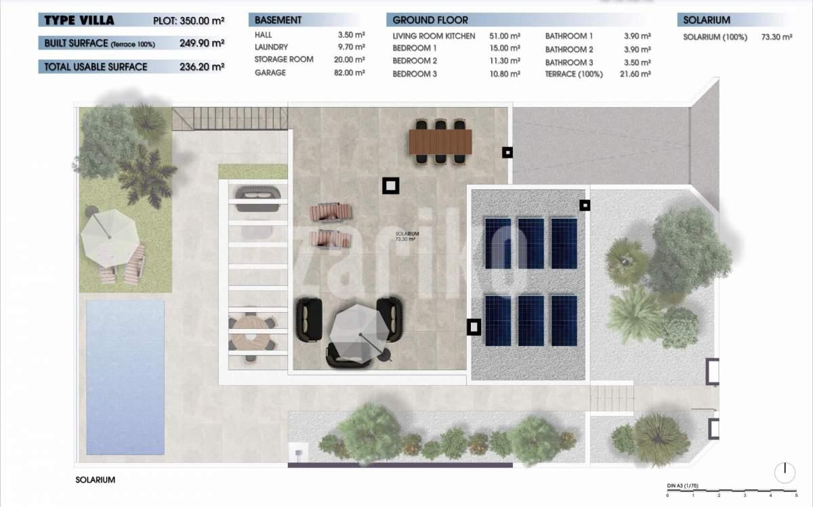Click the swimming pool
pos(125,377)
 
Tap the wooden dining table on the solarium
pos(440,141)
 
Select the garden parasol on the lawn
pos(109,238)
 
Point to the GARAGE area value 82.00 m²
pos(349,72)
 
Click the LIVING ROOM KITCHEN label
pos(434,36)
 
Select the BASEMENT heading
pos(278,20)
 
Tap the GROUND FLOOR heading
pos(430,20)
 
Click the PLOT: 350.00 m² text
pos(189,21)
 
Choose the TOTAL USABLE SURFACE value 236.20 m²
pos(202,67)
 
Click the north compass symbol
pos(785,472)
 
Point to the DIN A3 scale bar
pos(732,491)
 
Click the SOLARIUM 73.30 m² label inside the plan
pos(407,236)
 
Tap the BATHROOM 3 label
pos(569,62)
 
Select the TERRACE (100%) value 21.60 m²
pos(635,74)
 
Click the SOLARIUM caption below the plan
pos(95,480)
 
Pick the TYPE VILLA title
pos(79,20)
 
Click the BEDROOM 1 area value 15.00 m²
pos(505,48)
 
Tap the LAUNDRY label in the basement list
pos(271,47)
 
